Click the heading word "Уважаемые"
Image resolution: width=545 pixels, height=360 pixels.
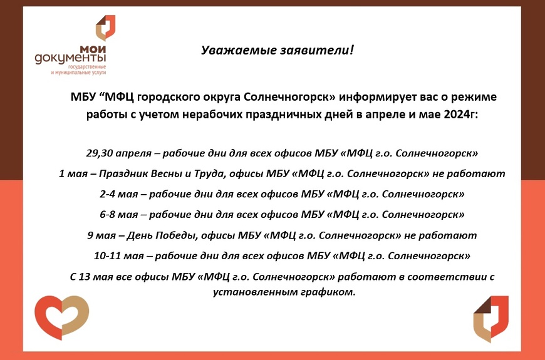pos(239,50)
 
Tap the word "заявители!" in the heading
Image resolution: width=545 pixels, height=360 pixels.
pos(317,50)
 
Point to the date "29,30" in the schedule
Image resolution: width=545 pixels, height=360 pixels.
pos(99,153)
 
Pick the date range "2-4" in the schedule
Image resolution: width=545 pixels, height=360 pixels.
pos(107,194)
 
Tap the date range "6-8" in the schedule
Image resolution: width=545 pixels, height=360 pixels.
pos(107,214)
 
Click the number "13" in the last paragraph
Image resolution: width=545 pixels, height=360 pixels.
pos(84,277)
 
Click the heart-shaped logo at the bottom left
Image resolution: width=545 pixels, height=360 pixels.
pos(62,317)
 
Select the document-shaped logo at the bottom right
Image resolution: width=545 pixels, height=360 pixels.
pos(490,319)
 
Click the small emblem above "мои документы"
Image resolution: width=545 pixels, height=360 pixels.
pos(105,28)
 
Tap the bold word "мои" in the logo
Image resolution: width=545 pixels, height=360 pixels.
pos(93,49)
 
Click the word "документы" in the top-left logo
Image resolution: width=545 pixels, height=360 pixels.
pos(70,58)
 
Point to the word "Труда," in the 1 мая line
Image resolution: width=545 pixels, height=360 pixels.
pos(211,174)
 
